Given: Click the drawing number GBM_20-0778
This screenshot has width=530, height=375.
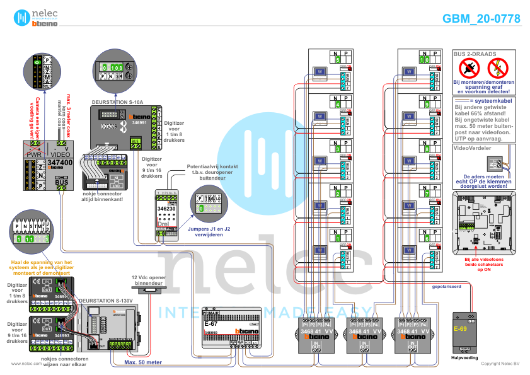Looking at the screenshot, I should tap(481, 19).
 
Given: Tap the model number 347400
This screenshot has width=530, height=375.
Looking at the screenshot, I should tap(60, 163).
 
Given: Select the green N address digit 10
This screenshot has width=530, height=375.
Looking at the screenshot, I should tap(423, 60).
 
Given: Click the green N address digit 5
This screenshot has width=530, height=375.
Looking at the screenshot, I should tap(338, 60).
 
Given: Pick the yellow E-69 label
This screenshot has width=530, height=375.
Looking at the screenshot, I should tap(461, 329).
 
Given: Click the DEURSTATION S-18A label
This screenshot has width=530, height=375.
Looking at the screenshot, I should tap(118, 101).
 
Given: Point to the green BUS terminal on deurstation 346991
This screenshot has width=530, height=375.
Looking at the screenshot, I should tap(136, 141).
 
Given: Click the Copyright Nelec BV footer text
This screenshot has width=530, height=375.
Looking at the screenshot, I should tap(500, 364).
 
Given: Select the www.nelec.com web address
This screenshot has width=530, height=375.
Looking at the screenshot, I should tap(26, 364).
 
